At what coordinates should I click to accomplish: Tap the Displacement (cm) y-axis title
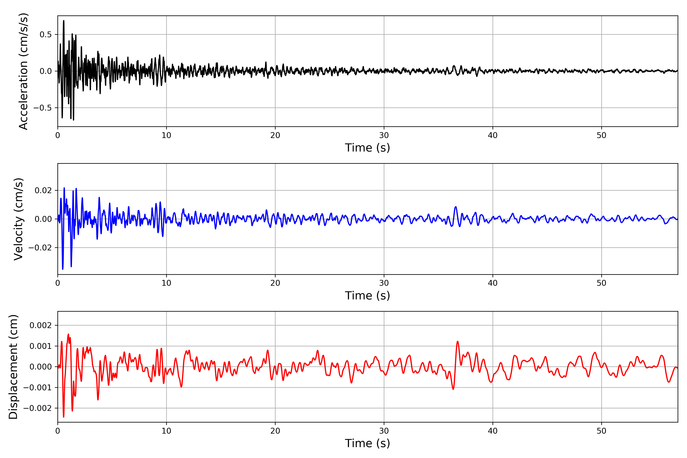13,367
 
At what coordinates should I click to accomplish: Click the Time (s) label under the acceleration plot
368,148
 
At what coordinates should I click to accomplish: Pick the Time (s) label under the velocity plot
368,296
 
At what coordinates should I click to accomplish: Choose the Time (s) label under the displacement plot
368,443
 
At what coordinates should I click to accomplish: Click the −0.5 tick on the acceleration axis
43,108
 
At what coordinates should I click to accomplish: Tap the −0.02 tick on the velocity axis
40,248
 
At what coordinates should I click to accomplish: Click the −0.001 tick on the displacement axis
38,388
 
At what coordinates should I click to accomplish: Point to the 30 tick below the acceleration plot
384,135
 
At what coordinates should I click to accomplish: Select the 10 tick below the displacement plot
166,431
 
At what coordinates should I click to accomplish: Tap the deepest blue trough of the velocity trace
63,269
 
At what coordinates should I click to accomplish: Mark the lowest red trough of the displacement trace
64,417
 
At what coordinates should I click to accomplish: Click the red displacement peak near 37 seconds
457,341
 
